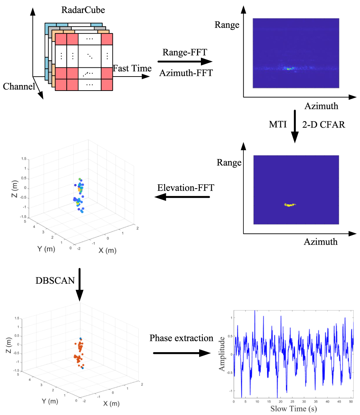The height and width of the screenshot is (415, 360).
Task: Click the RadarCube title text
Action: (83, 10)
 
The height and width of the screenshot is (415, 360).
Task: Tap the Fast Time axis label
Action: (132, 68)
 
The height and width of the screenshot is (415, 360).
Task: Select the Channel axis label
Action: (19, 86)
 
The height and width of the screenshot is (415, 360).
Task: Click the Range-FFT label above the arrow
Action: (185, 52)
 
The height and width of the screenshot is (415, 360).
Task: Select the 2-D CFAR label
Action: (323, 124)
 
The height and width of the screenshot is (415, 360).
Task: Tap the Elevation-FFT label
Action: (185, 187)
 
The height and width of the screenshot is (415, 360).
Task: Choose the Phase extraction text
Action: (181, 338)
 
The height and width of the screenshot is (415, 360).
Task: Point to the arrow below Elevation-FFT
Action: (182, 197)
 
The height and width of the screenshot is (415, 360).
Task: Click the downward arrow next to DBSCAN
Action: (80, 284)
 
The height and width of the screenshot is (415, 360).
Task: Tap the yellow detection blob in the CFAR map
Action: (289, 204)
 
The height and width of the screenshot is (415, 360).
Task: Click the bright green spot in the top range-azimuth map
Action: (289, 69)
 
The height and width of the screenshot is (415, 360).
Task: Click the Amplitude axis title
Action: (222, 354)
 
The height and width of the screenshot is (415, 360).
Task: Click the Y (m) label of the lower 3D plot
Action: (47, 401)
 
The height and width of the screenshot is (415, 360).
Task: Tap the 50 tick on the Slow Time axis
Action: (351, 401)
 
